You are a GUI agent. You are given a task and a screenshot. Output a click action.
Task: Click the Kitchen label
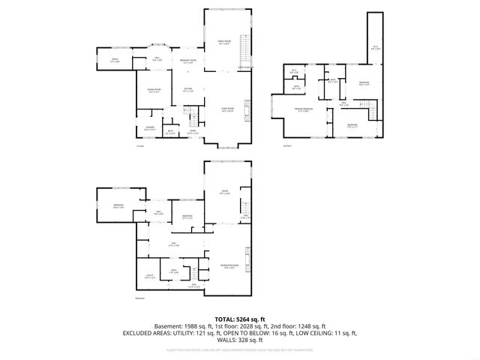coord(189,89)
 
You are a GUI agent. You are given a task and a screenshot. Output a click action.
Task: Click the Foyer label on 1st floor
coord(192,132)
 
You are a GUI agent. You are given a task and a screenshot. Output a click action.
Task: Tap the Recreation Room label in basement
coord(229,266)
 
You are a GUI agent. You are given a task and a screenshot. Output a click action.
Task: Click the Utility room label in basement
coord(149,276)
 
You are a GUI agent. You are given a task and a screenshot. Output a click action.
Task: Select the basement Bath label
coord(172,271)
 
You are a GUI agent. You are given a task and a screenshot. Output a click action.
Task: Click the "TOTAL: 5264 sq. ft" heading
coord(239,319)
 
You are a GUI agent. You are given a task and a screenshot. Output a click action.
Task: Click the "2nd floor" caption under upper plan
coord(287,145)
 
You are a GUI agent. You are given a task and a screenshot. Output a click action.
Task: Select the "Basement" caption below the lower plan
coord(139,298)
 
